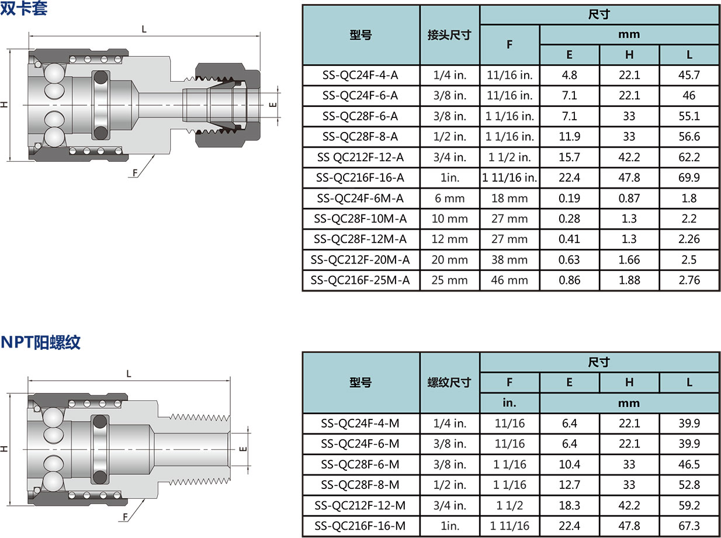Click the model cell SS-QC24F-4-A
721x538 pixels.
[x=360, y=75]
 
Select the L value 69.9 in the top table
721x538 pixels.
[x=689, y=178]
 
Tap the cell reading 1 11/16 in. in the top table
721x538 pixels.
[x=509, y=178]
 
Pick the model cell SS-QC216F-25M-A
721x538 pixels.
[x=360, y=280]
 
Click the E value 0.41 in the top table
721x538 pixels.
[x=569, y=239]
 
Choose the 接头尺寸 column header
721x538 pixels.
[x=449, y=35]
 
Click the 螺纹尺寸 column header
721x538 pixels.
[x=449, y=383]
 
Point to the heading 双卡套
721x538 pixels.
[x=23, y=8]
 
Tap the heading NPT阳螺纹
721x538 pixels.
[x=40, y=342]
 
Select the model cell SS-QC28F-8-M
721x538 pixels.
[x=360, y=485]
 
